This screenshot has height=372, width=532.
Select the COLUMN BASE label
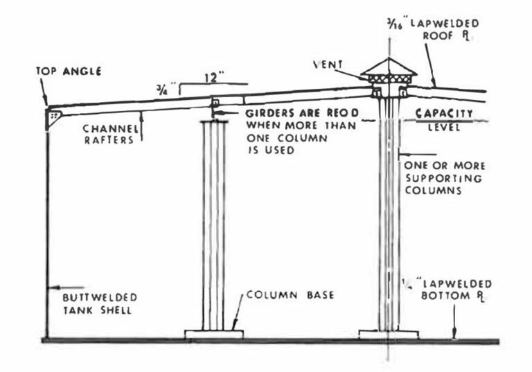tap(290, 295)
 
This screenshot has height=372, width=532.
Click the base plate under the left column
tap(213, 335)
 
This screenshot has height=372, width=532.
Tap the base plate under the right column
tap(389, 335)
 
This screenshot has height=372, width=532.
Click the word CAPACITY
tap(444, 112)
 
